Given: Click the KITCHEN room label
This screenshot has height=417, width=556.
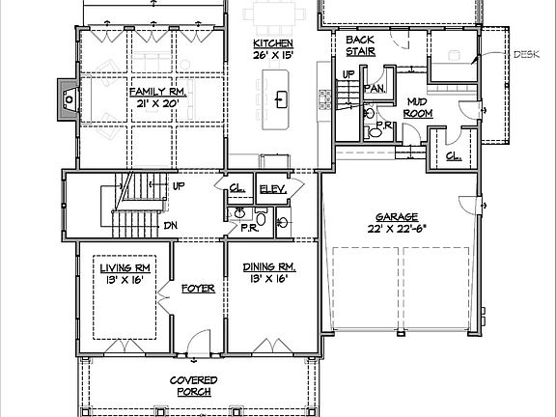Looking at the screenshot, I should point(273,44).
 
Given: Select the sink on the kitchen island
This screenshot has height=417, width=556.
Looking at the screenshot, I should point(282,98).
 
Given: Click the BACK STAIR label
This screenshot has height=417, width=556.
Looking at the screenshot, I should point(360,46).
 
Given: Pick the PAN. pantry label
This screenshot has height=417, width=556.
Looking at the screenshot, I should point(374,87).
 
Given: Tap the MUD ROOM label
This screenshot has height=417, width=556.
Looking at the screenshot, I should point(417,106).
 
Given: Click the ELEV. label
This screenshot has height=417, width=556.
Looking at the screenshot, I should point(272,190).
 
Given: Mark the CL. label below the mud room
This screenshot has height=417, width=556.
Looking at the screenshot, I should point(452,157).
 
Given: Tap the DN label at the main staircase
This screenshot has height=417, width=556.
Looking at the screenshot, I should point(170,226).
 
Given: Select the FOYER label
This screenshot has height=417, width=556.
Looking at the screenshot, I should point(197,288).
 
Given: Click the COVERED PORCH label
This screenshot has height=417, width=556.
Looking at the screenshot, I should point(194,386).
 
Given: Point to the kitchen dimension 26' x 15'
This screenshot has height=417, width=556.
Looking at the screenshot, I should point(273,57).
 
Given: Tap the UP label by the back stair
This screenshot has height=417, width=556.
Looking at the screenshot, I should point(348,74).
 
